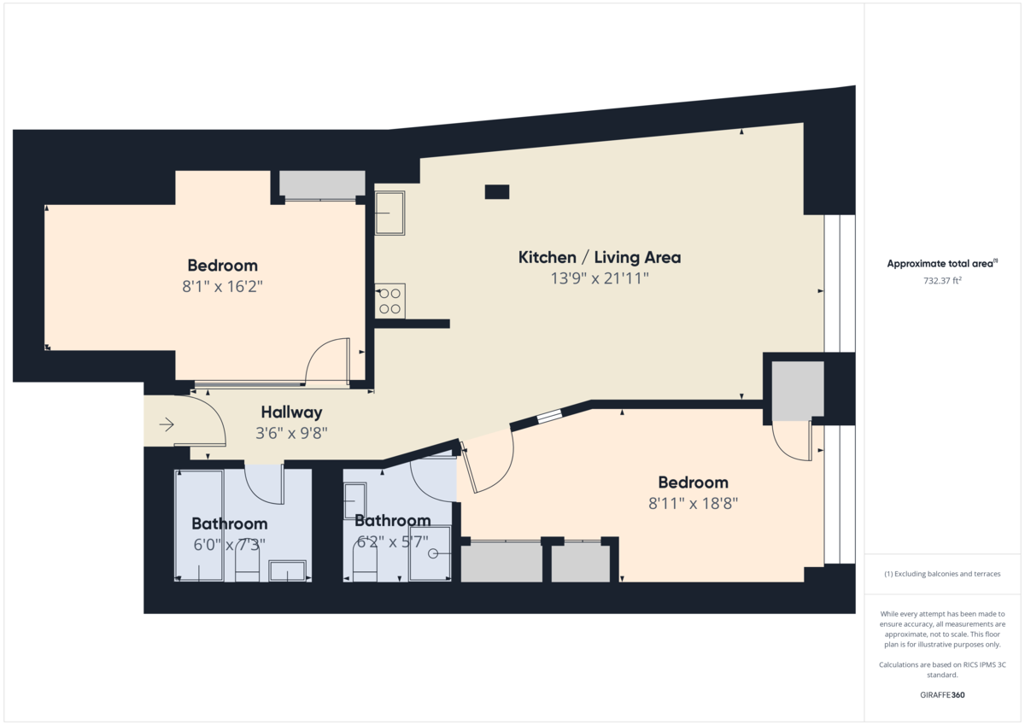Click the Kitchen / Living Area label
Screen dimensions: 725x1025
[599, 257]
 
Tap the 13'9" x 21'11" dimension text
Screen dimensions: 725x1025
[599, 278]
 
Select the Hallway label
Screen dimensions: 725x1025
[291, 412]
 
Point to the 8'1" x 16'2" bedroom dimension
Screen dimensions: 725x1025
[222, 287]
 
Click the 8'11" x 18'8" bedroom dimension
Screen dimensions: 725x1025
[693, 504]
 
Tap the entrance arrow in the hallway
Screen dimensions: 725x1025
[166, 424]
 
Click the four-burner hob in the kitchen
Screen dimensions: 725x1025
[390, 301]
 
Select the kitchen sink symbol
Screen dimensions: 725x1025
[389, 213]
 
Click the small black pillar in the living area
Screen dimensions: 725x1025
[496, 192]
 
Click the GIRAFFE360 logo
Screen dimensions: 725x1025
[942, 695]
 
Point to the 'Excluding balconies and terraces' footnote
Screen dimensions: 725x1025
[942, 574]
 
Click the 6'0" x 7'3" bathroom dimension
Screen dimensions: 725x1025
[229, 544]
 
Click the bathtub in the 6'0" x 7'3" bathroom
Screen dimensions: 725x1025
[199, 525]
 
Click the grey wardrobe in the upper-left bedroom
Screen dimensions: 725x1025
[322, 184]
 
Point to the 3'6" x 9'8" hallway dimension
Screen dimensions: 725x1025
[291, 433]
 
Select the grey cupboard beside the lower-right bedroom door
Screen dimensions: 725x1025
[797, 390]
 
